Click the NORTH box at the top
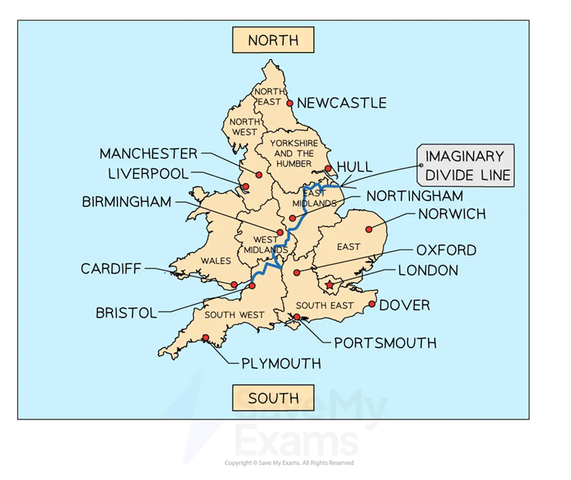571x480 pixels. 273,40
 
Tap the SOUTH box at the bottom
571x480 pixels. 273,398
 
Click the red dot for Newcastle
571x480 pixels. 290,103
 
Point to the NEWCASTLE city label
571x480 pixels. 342,103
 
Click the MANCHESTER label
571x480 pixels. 148,153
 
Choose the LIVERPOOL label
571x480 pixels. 148,173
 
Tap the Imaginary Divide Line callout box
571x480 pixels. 465,166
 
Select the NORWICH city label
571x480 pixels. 452,214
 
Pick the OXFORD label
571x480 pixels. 446,249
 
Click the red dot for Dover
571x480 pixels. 372,305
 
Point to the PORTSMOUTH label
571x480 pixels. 385,343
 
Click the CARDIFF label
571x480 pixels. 111,268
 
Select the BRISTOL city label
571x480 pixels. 126,312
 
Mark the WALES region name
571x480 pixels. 216,261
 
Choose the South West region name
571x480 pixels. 239,314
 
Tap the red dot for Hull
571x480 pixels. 327,169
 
